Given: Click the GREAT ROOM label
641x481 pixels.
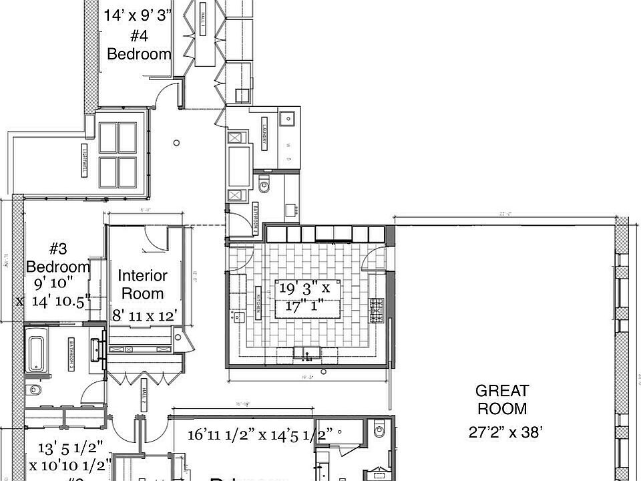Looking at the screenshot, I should coord(502,399).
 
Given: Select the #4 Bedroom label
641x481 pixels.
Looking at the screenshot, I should coord(139,45).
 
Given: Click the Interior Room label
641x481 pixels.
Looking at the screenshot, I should coord(142,284).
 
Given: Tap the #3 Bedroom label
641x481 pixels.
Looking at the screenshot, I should coord(58,258).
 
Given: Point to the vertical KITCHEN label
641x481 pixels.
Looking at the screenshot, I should coord(257,301).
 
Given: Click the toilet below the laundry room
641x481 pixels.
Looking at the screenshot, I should coord(264,185).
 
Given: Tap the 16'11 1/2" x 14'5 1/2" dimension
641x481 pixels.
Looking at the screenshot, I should coord(260,436).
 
